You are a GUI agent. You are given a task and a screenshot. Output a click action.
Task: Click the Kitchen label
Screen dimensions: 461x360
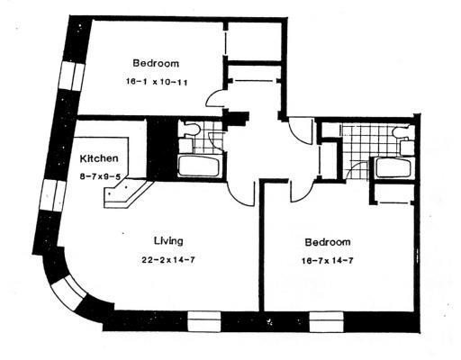click(99, 158)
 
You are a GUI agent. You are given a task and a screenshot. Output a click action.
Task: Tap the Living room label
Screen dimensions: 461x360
click(168, 241)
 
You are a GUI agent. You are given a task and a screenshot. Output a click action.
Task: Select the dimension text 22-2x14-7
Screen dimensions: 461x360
click(168, 260)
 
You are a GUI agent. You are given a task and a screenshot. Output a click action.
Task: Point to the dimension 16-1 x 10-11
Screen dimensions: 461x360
click(157, 82)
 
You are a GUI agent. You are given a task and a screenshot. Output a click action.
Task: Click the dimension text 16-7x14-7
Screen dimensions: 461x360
click(327, 261)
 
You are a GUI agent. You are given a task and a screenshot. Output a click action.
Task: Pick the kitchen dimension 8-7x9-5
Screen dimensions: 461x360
click(100, 176)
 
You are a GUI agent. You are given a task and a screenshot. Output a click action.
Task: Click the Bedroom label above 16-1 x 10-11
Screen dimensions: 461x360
click(156, 63)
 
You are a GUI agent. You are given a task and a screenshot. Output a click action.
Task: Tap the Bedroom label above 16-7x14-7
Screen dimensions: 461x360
click(328, 242)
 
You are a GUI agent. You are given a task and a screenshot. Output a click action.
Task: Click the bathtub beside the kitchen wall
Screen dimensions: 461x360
click(198, 166)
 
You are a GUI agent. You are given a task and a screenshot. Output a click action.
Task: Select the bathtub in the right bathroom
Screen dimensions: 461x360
click(393, 167)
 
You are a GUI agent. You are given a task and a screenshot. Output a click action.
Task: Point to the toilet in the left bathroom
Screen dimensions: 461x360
click(191, 130)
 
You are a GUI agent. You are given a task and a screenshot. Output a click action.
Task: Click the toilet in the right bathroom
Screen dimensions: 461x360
click(402, 132)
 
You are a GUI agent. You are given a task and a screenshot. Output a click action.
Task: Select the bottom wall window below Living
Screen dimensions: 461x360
click(204, 321)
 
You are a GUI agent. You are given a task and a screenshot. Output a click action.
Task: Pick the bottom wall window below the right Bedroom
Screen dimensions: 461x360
click(327, 322)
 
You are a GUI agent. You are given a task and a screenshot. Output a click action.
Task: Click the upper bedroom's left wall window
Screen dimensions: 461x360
click(72, 76)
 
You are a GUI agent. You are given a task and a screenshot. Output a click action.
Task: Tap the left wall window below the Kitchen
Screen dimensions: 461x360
click(53, 195)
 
